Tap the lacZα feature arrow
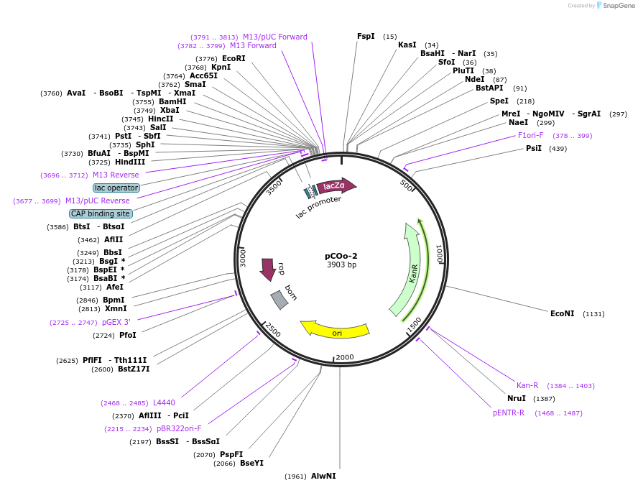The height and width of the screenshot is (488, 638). pos(336,186)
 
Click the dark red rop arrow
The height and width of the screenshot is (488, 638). pos(268,269)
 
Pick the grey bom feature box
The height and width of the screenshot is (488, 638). pos(279,300)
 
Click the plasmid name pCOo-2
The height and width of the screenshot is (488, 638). pos(341,256)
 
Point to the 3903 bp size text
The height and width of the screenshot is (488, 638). pos(341,265)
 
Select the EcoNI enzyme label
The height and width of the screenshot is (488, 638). pos(563,313)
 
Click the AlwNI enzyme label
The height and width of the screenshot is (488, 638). pos(323,476)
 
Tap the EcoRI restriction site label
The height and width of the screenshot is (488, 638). pos(234,58)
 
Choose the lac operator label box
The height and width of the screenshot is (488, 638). pos(116,188)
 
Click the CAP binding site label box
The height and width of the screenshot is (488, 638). pos(101,213)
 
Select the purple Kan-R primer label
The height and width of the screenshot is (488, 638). pos(527,385)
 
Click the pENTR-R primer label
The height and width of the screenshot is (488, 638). pos(509,413)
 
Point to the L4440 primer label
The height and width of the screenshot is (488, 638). pos(164,402)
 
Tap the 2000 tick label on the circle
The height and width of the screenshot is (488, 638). pos(345,357)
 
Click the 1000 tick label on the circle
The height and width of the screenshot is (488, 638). pos(440,254)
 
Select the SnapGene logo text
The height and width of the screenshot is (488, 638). pos(619,5)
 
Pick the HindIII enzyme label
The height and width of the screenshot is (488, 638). pos(130,162)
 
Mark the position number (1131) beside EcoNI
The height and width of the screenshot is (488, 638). pos(593,314)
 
